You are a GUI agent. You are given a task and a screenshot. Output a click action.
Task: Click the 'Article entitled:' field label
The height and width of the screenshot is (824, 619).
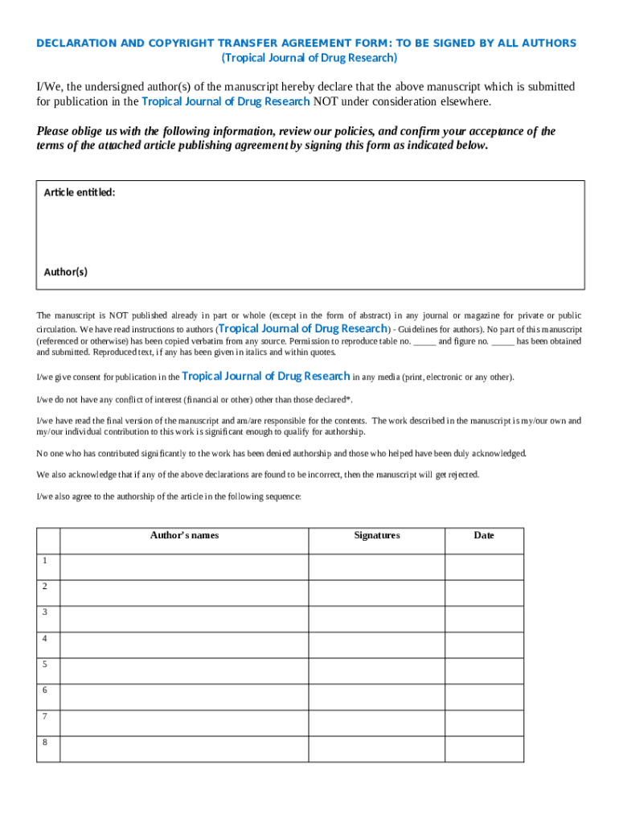(x=79, y=192)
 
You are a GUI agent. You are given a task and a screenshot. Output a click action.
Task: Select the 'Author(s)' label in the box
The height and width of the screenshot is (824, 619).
(x=65, y=272)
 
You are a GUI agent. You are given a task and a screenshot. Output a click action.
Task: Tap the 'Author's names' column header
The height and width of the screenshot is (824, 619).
(x=184, y=535)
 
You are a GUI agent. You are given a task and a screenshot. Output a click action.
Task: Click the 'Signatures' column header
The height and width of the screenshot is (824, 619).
(x=376, y=535)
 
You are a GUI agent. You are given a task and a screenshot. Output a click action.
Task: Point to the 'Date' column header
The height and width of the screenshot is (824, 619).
(x=484, y=535)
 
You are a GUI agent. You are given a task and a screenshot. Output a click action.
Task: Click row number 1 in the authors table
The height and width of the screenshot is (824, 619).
(x=45, y=561)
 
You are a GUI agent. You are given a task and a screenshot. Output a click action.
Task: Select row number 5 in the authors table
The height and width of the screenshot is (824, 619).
(x=45, y=664)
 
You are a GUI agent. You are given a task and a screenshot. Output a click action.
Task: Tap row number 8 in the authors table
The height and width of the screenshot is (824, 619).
(x=45, y=742)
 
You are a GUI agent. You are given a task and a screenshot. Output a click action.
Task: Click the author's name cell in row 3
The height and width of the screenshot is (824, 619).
(x=184, y=618)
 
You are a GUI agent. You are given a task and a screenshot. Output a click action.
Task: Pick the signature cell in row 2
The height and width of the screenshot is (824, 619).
(x=376, y=592)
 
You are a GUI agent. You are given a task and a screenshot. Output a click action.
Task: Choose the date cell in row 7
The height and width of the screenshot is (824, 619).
(x=484, y=722)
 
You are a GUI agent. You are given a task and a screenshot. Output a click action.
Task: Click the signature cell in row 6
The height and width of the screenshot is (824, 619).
(x=376, y=696)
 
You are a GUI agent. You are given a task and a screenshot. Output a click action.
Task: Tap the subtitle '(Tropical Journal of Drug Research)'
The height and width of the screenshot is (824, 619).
(x=309, y=58)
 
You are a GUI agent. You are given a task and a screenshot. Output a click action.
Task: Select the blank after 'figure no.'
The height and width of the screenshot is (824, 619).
(x=502, y=341)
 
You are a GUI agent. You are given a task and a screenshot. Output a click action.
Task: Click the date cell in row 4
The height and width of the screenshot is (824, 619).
(x=484, y=644)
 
